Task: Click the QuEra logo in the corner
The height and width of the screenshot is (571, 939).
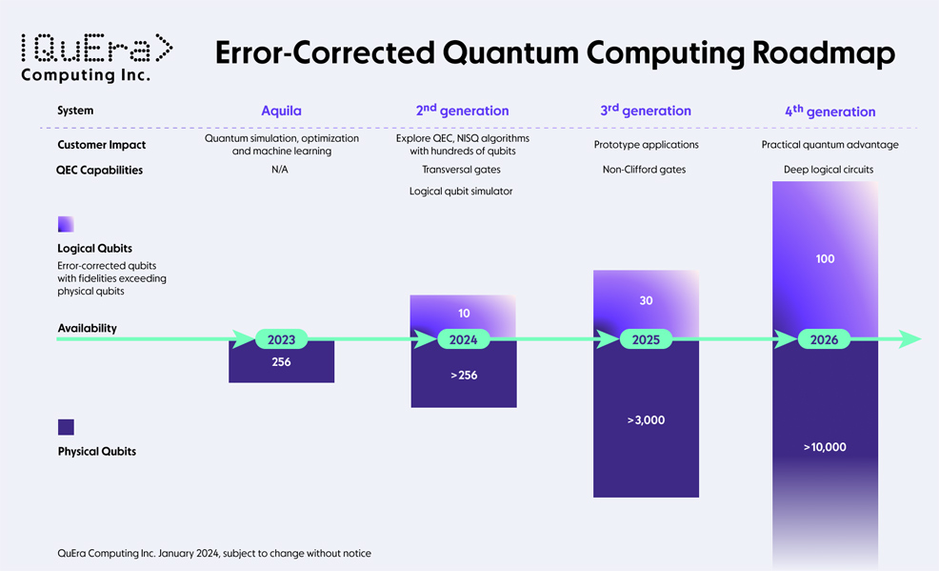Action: [x=97, y=57]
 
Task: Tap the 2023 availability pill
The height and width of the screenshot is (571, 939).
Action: [x=282, y=339]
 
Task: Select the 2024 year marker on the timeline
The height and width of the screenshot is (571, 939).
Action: [x=464, y=339]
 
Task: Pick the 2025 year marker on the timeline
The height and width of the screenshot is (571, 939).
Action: [x=646, y=339]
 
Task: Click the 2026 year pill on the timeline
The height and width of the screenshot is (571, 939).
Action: [x=824, y=339]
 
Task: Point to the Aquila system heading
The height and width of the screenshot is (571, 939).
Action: [x=282, y=111]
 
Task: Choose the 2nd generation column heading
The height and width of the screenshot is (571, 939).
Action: [x=462, y=111]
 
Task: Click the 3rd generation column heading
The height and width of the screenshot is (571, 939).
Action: [x=646, y=111]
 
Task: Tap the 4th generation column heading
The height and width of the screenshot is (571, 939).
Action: [x=830, y=111]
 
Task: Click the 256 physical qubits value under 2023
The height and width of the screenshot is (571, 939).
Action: [x=282, y=362]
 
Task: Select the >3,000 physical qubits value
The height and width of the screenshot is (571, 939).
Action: [x=646, y=420]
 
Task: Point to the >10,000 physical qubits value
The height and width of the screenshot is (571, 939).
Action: [x=825, y=447]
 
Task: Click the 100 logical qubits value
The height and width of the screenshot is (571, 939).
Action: [x=826, y=259]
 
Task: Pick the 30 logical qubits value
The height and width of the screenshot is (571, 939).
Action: [x=646, y=301]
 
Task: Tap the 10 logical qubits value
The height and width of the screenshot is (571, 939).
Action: [x=464, y=314]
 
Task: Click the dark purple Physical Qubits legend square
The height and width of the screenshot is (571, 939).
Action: [x=66, y=427]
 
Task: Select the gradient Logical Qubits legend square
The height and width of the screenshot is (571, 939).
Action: [x=66, y=224]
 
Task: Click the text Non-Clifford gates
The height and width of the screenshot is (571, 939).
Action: [x=645, y=170]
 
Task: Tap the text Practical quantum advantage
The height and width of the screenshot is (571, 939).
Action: [x=830, y=144]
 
